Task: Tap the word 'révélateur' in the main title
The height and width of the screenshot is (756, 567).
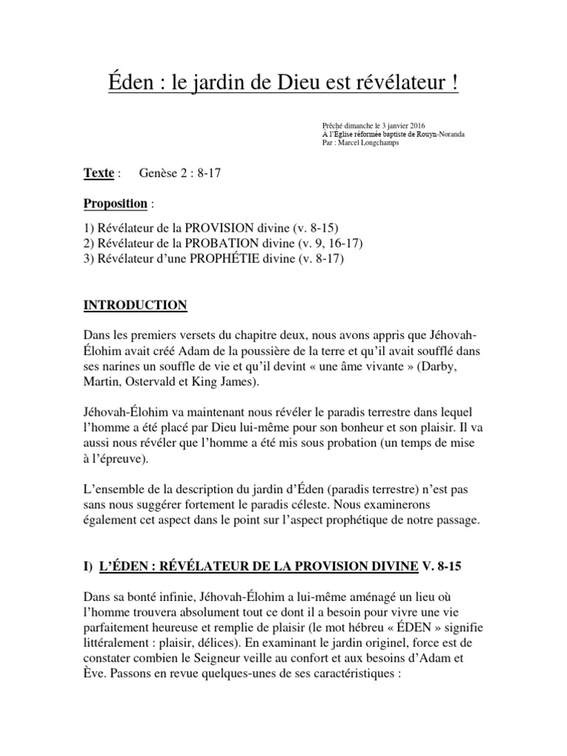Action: (405, 83)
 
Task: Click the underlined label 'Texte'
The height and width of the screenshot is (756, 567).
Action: (99, 173)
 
